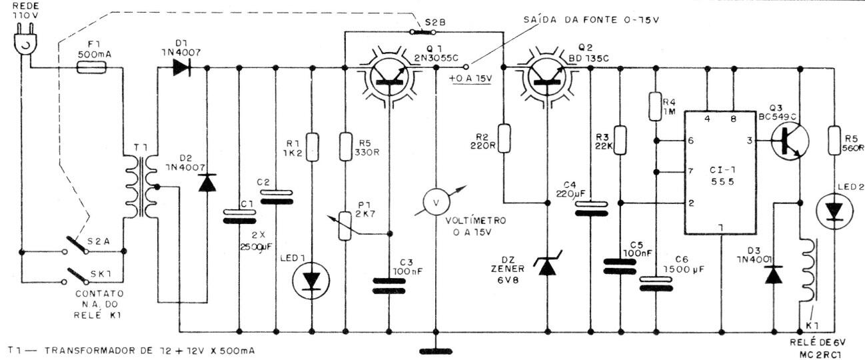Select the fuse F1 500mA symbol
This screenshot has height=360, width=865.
pos(91,69)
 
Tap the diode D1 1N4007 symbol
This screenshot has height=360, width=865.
pos(181,69)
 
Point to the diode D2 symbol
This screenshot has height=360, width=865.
pos(207,183)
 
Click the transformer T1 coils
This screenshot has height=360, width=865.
pos(142,187)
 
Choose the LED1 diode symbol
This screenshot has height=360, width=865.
pos(311,281)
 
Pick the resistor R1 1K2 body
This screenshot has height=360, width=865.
pos(313,147)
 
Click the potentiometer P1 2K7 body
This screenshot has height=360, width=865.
pos(345,225)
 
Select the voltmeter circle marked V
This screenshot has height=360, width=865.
pos(436,202)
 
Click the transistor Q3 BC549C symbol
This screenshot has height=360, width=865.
pos(790,141)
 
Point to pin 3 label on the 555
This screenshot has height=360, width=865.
pos(750,141)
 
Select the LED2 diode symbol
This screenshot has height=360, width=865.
pos(834,211)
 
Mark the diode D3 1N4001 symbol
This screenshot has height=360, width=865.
pos(774,275)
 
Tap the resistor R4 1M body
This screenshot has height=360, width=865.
pos(656,106)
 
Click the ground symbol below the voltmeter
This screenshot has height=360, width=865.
pos(436,351)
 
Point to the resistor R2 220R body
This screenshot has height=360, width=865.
pos(504,138)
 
